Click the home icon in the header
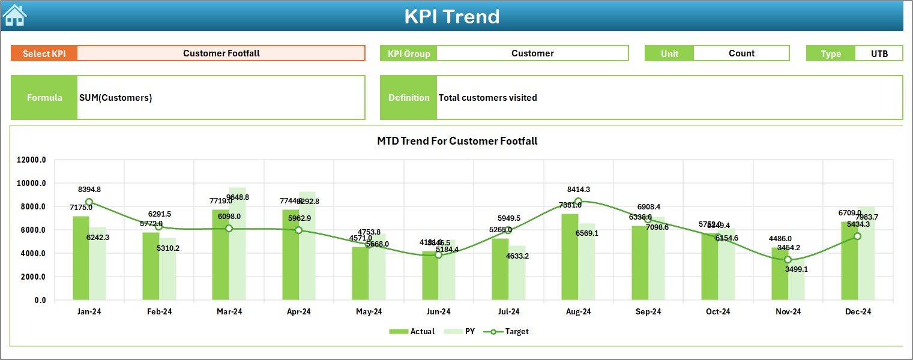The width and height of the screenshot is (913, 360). pyautogui.click(x=14, y=15)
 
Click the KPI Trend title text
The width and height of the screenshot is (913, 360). pyautogui.click(x=451, y=16)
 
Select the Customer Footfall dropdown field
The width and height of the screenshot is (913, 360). pyautogui.click(x=221, y=53)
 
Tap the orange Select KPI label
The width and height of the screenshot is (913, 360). pyautogui.click(x=44, y=53)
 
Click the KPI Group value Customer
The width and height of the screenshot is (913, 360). pyautogui.click(x=532, y=53)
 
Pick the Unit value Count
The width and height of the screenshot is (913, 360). pyautogui.click(x=741, y=53)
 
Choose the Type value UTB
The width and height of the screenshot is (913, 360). pyautogui.click(x=879, y=53)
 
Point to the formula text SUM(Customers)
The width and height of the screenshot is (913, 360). pyautogui.click(x=115, y=98)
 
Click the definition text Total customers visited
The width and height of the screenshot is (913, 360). pyautogui.click(x=487, y=98)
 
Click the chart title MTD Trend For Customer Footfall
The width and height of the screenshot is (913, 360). pyautogui.click(x=457, y=141)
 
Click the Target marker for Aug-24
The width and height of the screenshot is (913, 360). pyautogui.click(x=578, y=202)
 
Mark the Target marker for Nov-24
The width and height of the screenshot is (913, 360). pyautogui.click(x=788, y=260)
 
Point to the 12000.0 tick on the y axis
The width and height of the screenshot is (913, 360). pyautogui.click(x=31, y=160)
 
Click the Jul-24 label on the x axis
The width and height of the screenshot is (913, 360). pyautogui.click(x=508, y=311)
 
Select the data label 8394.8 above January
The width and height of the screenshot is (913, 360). pyautogui.click(x=89, y=190)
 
